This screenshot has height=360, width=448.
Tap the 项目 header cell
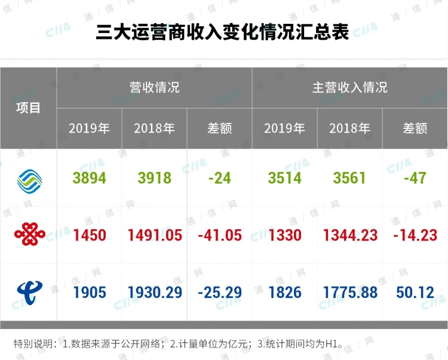(28, 108)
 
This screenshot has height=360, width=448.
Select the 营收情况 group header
(154, 87)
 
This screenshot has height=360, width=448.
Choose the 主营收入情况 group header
(349, 87)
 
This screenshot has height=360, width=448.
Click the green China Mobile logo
(29, 178)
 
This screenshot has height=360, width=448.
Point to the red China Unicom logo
(29, 235)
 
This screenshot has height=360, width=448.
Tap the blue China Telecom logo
(29, 292)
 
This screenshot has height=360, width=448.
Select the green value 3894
(89, 178)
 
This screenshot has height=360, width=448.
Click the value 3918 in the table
(154, 178)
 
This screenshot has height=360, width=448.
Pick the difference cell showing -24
(219, 178)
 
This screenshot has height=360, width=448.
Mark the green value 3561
(349, 178)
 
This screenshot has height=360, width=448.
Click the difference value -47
(415, 178)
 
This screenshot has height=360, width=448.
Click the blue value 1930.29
(154, 293)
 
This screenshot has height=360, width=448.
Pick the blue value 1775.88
(349, 293)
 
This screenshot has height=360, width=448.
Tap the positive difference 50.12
(415, 293)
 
